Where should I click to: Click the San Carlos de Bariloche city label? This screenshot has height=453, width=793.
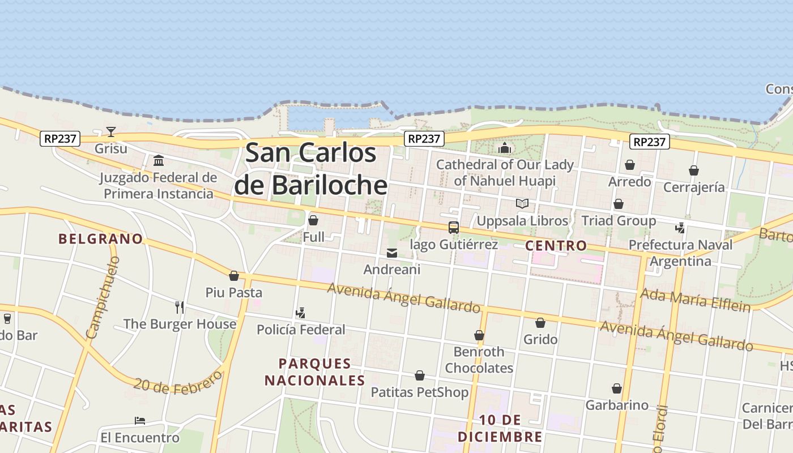(x=310, y=169)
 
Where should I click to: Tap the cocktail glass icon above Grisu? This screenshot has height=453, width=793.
(x=111, y=132)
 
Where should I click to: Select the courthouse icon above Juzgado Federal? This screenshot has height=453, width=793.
(x=159, y=161)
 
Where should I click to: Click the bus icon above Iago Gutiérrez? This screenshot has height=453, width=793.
(x=453, y=228)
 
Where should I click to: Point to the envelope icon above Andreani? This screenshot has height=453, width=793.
(x=392, y=253)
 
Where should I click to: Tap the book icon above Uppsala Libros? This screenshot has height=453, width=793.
(x=522, y=203)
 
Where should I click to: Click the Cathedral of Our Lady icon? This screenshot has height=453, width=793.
(x=504, y=148)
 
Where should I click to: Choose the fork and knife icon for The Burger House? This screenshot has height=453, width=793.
(x=180, y=307)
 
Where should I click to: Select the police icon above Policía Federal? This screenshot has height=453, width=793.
(x=301, y=313)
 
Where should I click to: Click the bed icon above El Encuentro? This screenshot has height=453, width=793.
(x=140, y=421)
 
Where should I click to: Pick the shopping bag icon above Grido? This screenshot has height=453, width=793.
(x=540, y=323)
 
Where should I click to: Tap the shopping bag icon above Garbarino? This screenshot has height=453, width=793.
(x=617, y=388)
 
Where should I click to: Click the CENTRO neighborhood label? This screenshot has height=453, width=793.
(x=556, y=246)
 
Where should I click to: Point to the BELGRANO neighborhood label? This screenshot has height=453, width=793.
(x=101, y=239)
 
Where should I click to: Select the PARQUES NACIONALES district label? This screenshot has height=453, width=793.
(x=315, y=371)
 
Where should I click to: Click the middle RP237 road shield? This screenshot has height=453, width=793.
(x=424, y=139)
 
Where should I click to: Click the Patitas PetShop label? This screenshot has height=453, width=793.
(x=420, y=392)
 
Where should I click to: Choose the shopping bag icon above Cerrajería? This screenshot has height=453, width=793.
(x=693, y=170)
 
